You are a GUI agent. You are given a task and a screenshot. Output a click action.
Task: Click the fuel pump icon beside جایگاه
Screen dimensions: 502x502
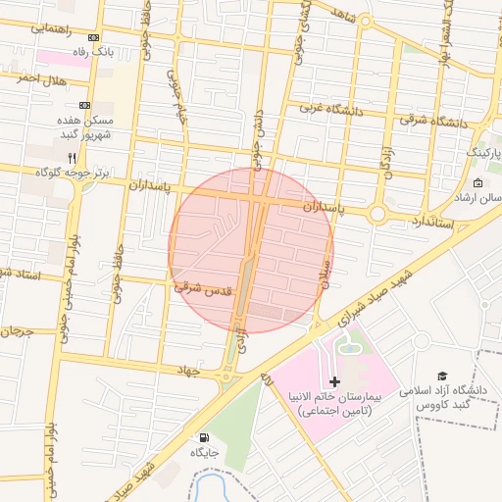pyautogui.click(x=203, y=437)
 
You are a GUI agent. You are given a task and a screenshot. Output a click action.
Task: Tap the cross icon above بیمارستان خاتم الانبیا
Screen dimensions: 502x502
pyautogui.click(x=334, y=380)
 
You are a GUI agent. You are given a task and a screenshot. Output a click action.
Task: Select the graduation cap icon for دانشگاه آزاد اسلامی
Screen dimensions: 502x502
pyautogui.click(x=442, y=376)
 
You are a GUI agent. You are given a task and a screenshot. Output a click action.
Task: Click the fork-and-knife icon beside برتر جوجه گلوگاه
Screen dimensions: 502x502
pyautogui.click(x=72, y=157)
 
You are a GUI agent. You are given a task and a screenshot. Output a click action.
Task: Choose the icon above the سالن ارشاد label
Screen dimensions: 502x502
pyautogui.click(x=477, y=183)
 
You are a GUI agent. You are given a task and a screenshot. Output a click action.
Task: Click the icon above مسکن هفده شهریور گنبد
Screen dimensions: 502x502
pyautogui.click(x=84, y=104)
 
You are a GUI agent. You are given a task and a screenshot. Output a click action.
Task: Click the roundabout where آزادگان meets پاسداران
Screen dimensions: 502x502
pyautogui.click(x=377, y=214)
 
